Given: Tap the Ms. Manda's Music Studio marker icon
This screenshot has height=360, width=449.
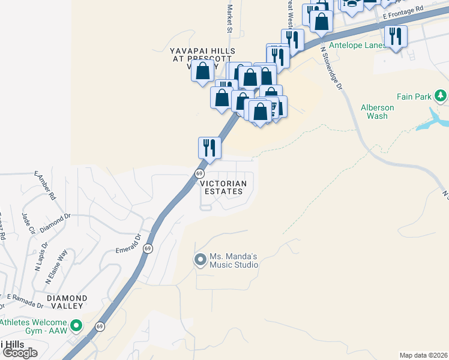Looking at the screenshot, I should pyautogui.click(x=200, y=260).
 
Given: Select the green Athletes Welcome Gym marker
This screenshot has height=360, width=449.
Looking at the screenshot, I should pyautogui.click(x=76, y=326).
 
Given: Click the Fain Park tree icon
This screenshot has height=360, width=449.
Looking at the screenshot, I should pyautogui.click(x=441, y=96).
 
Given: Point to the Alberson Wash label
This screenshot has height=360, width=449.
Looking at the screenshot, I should pyautogui.click(x=378, y=112).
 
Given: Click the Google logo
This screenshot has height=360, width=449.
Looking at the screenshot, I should pyautogui.click(x=20, y=353).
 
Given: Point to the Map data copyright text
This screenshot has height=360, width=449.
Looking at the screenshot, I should pyautogui.click(x=423, y=355).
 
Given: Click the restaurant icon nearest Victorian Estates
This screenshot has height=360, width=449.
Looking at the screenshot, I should pyautogui.click(x=209, y=147).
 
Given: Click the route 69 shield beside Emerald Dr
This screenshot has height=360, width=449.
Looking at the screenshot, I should pyautogui.click(x=148, y=248).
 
